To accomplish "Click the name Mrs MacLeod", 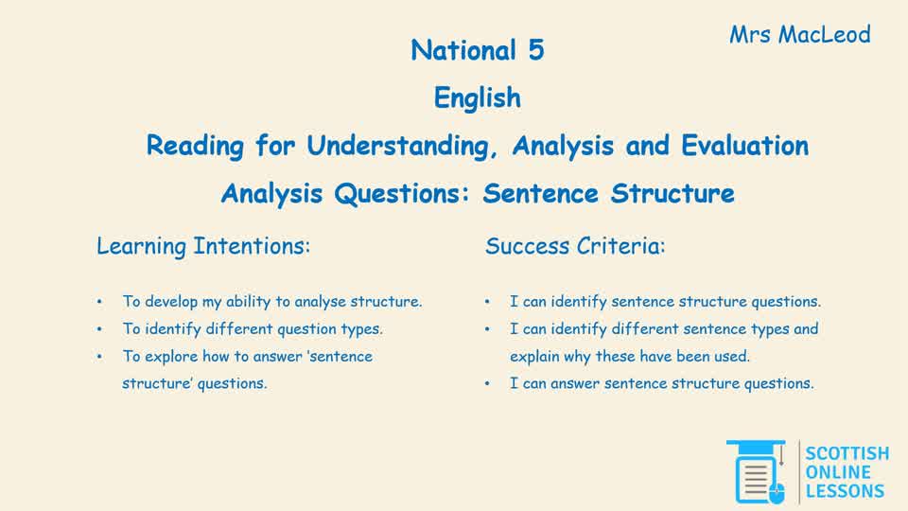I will click(799, 36).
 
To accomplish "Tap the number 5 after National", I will click(535, 51).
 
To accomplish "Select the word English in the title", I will click(477, 97).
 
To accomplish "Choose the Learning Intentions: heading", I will click(203, 247).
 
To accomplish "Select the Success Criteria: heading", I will click(575, 247).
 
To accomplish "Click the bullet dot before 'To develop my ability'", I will click(99, 303).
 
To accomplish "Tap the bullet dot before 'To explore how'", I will click(99, 357).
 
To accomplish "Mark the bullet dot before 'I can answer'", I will click(486, 384).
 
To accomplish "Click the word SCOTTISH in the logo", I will click(847, 454).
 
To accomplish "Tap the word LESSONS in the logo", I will click(845, 491).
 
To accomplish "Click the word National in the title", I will click(457, 51).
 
